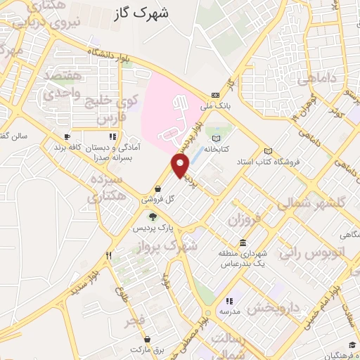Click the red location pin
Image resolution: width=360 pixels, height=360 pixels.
click(181, 165)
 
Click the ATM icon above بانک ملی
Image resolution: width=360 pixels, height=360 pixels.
click(216, 96)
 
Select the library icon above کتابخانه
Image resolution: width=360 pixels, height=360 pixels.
click(216, 138)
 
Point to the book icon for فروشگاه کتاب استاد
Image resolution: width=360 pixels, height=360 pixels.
click(267, 151)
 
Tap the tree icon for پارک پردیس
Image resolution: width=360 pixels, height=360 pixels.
click(153, 217)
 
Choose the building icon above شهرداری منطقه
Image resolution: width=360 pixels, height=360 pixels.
click(243, 243)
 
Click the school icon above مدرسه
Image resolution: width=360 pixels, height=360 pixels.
click(229, 301)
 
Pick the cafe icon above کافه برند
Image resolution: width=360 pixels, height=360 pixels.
click(67, 137)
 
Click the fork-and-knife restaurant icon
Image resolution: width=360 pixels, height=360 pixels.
click(108, 256)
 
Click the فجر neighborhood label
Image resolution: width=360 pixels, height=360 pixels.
click(134, 321)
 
